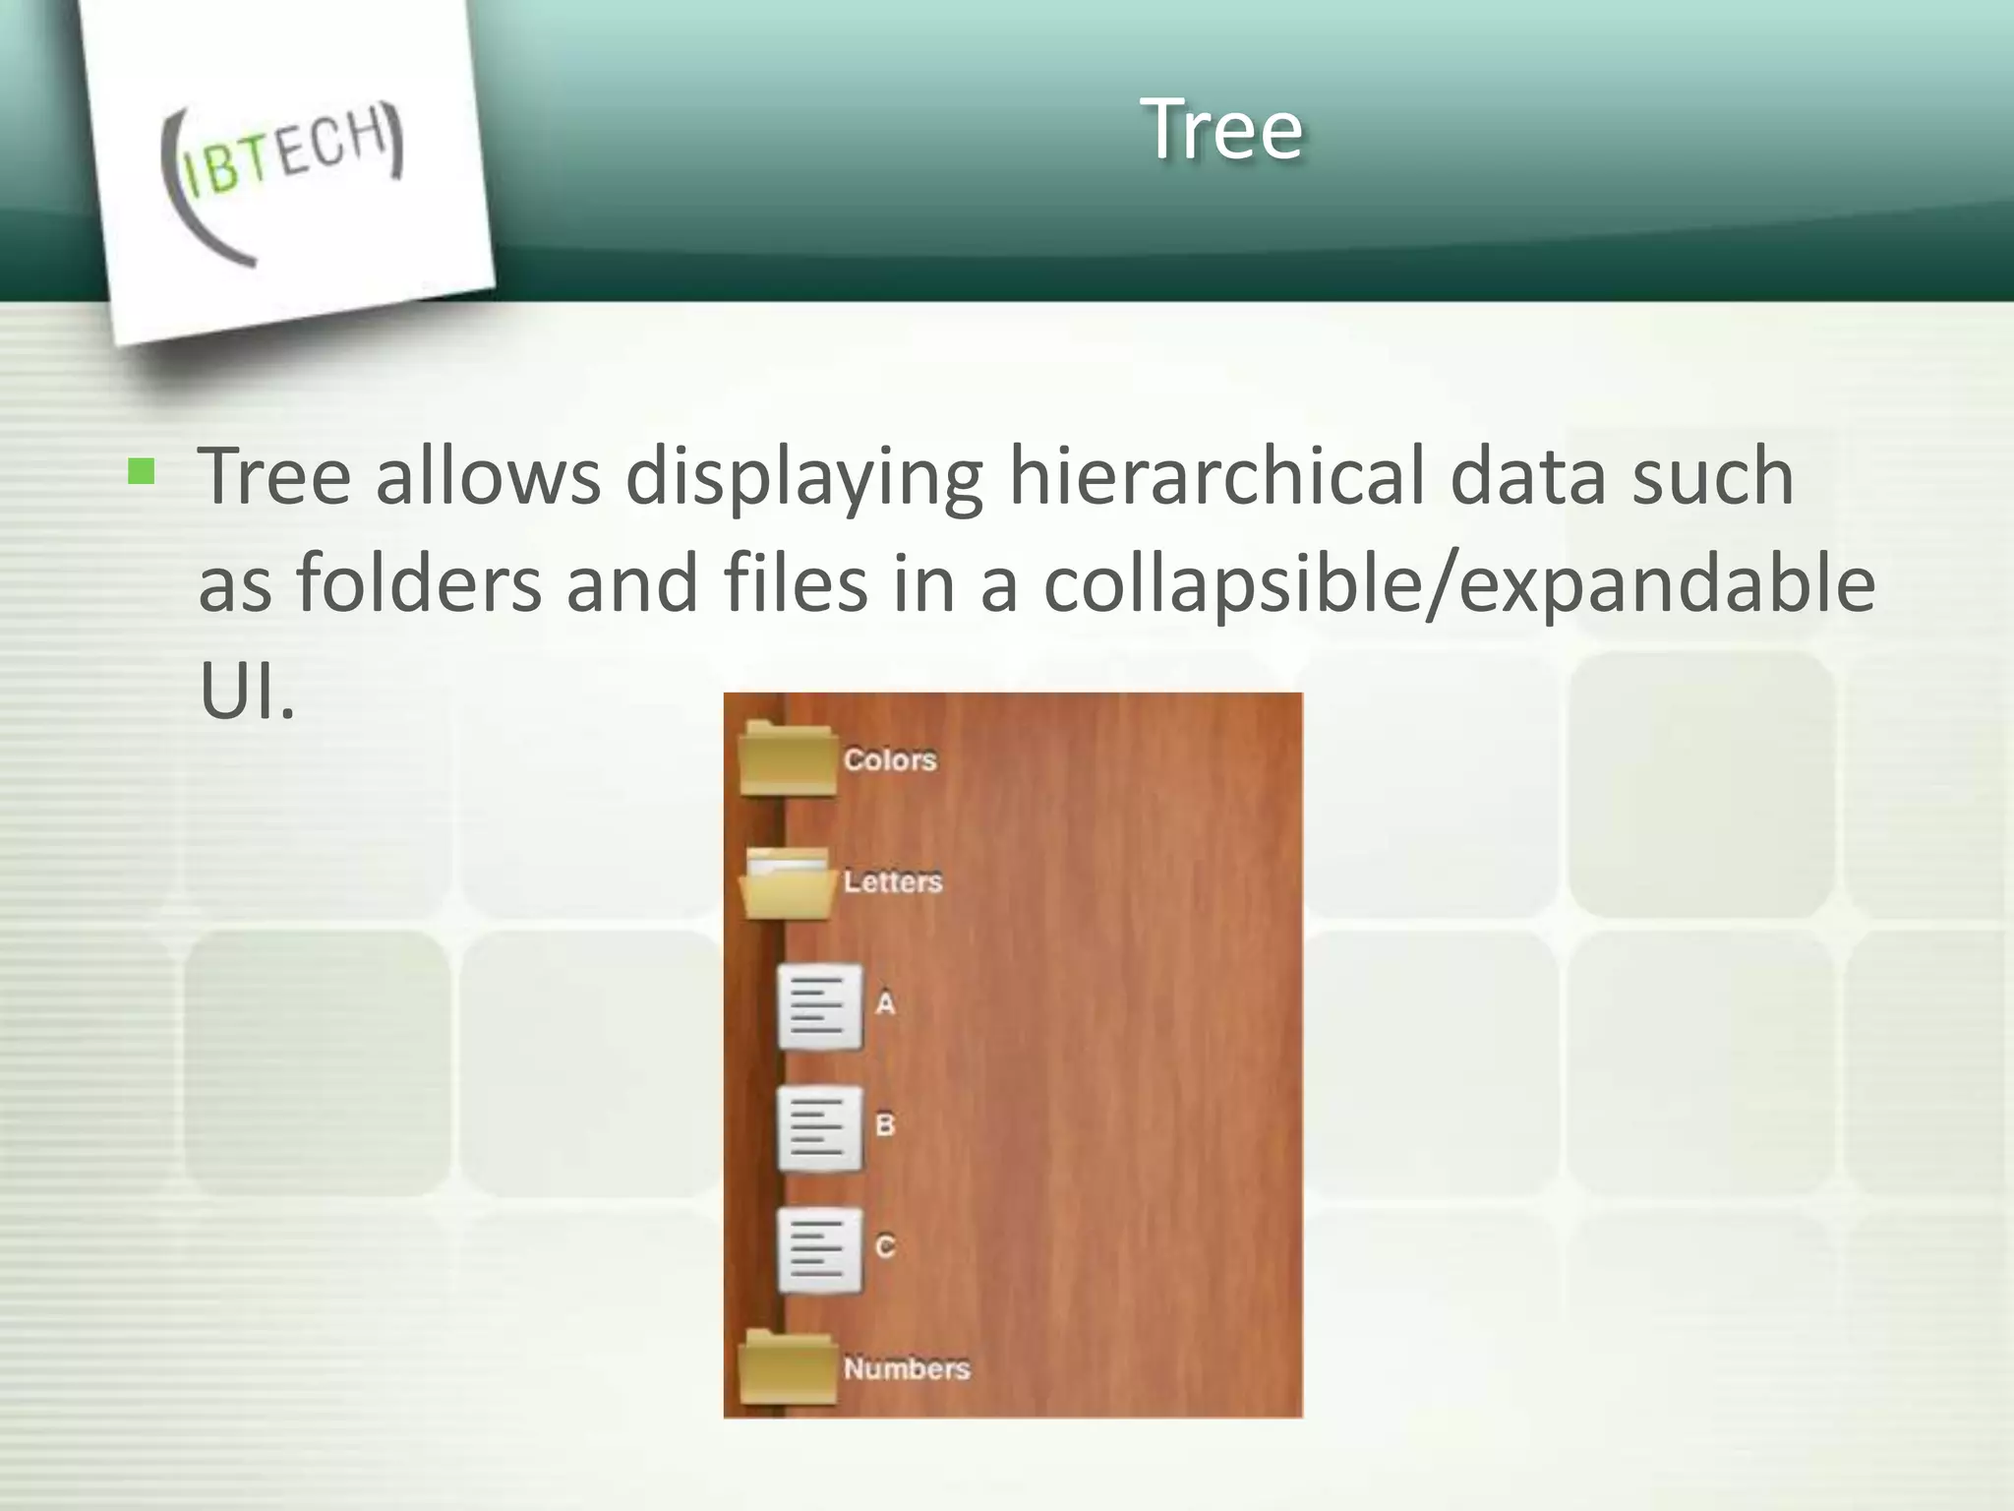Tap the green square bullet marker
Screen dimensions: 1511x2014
[142, 473]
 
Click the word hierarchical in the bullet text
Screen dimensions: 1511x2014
[1216, 477]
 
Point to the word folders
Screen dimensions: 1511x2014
[420, 583]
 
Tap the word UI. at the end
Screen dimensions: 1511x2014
[247, 691]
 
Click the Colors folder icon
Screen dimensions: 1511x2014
[788, 758]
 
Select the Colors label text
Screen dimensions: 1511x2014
[890, 759]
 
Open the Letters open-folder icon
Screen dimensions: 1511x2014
[787, 882]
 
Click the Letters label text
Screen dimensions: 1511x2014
[893, 881]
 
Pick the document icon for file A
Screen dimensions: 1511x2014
[819, 1005]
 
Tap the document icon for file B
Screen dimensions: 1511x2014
[819, 1127]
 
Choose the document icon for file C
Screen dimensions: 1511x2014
[819, 1249]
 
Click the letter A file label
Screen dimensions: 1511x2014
[885, 1003]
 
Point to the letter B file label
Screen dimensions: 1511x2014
[885, 1124]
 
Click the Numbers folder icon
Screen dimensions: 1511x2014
[788, 1367]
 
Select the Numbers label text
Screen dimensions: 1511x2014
[907, 1368]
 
